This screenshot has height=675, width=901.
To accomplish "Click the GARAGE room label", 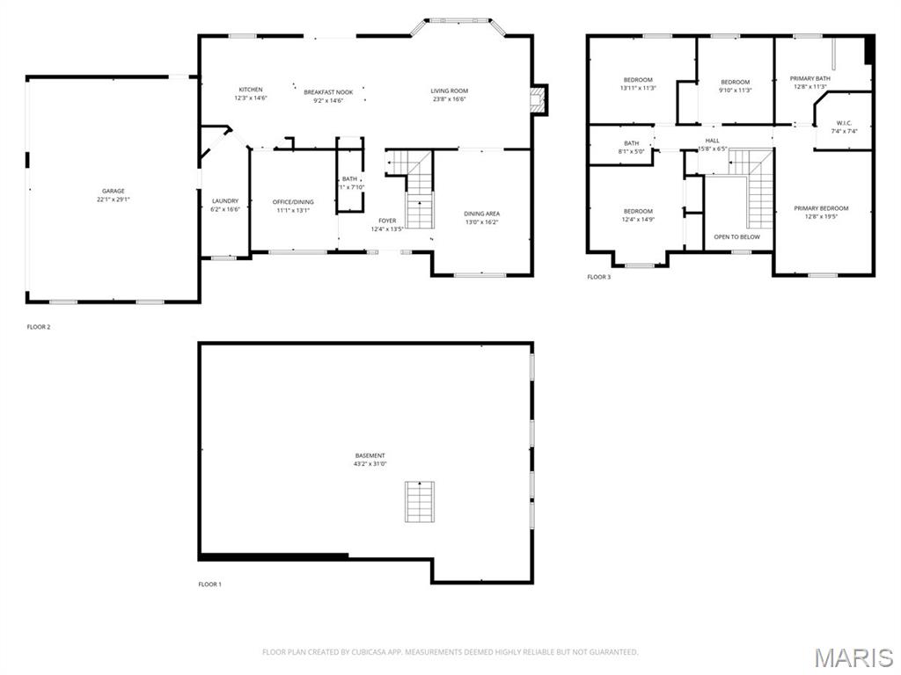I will pos(113,191).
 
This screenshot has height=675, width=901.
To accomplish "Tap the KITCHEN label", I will pos(251,90).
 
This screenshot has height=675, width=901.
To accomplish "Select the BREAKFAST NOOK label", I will pos(328,92).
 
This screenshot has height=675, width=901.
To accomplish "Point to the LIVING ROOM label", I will pos(449,91).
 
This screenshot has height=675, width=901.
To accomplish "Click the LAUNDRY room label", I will pos(225,201).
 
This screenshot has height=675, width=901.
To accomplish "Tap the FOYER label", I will pos(387,221).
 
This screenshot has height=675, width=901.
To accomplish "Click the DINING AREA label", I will pos(482,214).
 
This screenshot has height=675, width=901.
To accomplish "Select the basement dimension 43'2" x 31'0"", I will pos(370,463).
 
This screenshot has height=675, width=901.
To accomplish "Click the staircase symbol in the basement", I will pos(420,502).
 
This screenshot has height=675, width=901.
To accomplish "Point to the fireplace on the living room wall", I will pos(538,100).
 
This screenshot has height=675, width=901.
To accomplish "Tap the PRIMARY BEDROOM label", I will pos(821,208).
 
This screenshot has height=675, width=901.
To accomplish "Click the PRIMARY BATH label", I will pos(809,78).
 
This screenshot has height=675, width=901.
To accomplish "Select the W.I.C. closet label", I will pos(844,123).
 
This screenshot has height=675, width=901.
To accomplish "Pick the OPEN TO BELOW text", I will pos(736,236).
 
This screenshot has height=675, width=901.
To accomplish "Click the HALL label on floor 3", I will pos(712,140).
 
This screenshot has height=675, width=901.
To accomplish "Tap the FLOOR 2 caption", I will pos(39,327).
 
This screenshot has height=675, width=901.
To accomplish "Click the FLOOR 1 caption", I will pos(209,584).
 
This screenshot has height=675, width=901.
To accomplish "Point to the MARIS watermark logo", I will pos(853,656).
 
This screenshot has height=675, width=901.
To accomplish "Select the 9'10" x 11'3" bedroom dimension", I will pos(735,90).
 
